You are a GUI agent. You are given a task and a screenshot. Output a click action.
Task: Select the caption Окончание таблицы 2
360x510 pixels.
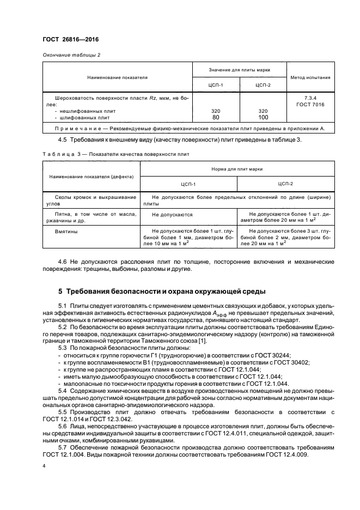[70, 55]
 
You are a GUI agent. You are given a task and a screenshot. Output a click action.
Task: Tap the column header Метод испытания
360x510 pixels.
[310, 77]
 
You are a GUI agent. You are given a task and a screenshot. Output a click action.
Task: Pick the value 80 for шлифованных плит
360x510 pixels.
[216, 117]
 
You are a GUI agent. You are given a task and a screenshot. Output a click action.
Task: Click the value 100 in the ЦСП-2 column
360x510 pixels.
[263, 117]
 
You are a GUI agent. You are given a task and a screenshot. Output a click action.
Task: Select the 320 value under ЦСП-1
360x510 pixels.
[216, 111]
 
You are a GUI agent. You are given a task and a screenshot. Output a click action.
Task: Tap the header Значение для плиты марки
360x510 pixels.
[240, 70]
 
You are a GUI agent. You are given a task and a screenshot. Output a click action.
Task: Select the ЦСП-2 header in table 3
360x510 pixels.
[285, 184]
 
